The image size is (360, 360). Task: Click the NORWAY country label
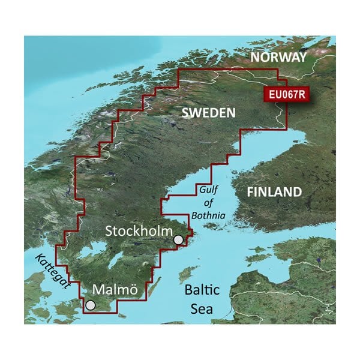278,57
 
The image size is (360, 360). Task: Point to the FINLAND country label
275,192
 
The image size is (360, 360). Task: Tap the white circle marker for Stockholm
178,241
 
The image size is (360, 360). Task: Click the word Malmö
115,290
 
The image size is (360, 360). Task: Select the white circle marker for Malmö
90,305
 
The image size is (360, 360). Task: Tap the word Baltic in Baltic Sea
202,290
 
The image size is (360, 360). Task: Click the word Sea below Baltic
202,310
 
